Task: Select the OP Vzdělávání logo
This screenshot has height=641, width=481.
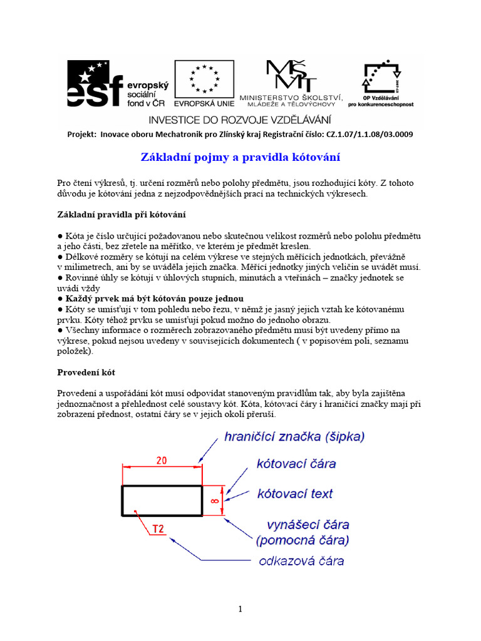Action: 383,85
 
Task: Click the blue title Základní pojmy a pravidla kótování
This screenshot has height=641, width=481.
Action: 240,156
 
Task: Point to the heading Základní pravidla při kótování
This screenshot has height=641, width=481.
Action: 122,215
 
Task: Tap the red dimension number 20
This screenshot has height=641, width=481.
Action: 161,460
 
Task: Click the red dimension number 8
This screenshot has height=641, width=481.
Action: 214,500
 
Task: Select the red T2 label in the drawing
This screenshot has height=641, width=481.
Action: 158,530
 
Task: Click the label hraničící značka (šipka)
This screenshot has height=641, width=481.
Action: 294,437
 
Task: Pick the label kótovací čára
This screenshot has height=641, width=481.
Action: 296,464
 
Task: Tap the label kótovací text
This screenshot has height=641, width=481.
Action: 295,494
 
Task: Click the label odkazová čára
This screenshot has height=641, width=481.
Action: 301,561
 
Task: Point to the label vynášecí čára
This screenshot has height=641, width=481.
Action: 308,524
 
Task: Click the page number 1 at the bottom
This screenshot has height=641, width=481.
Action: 240,609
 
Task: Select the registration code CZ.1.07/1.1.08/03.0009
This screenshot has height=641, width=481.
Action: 369,134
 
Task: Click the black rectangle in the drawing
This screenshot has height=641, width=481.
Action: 162,500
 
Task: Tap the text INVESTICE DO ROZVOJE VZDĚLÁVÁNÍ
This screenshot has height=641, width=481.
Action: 240,119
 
